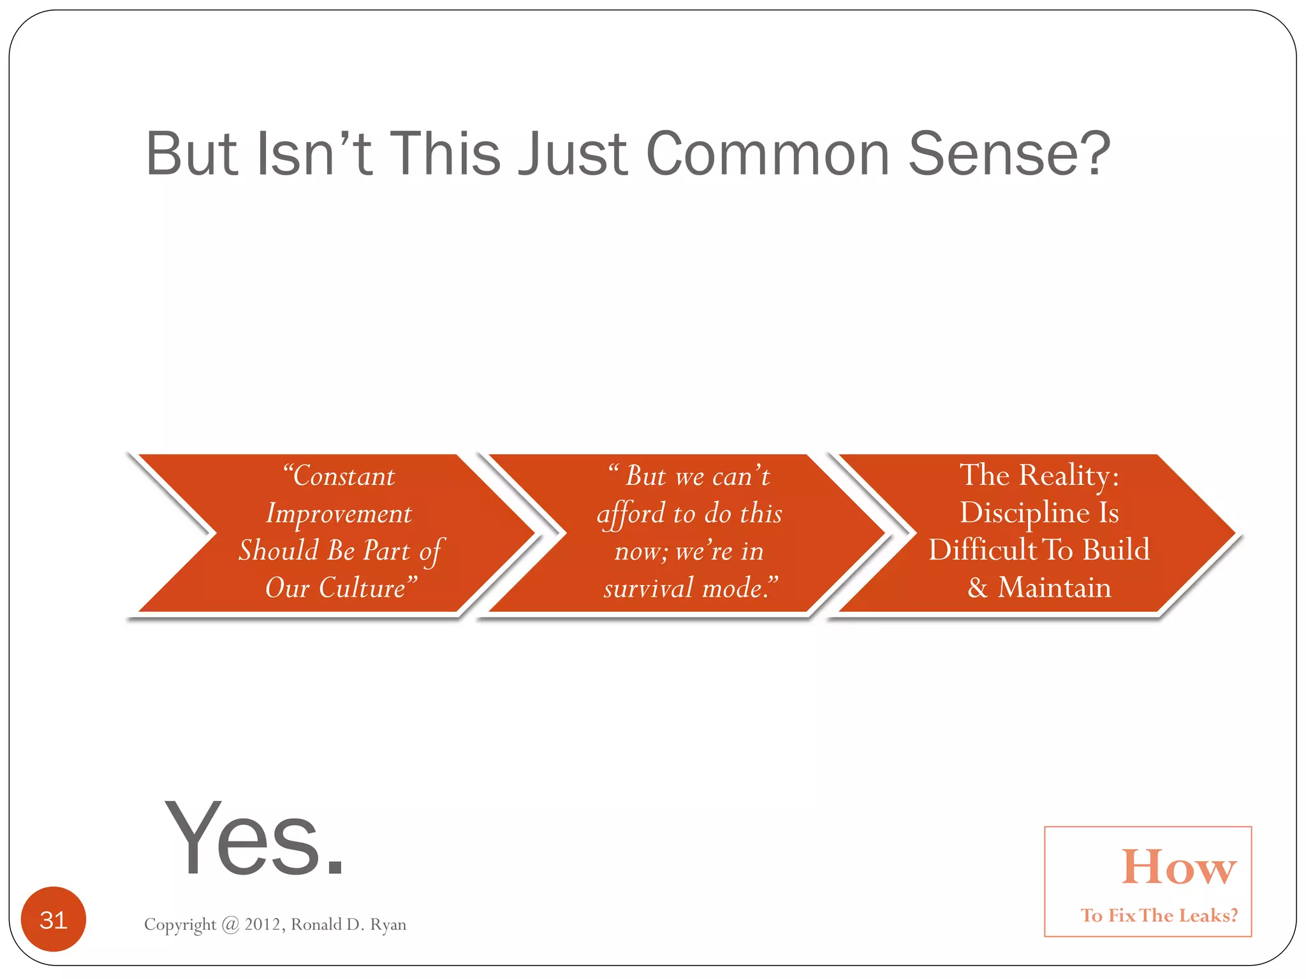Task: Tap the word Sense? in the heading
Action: coord(1009,154)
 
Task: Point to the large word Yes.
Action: coord(254,839)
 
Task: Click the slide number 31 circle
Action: coord(54,920)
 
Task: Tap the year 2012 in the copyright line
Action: coord(265,924)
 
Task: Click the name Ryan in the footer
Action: coord(388,925)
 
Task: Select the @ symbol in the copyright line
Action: coord(230,925)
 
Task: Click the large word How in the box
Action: coord(1178,868)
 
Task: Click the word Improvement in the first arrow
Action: coord(339,514)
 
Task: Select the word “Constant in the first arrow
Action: coord(339,476)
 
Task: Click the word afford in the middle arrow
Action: coord(631,514)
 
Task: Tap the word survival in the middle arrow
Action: coord(648,588)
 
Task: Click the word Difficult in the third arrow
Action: coord(982,550)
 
